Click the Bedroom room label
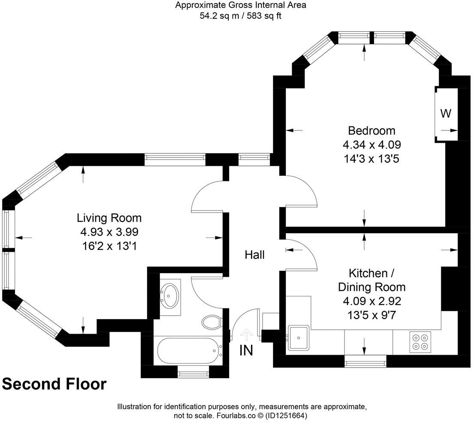(371, 130)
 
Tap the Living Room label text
(109, 218)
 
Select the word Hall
(254, 255)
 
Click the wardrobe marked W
(446, 114)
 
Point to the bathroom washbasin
(170, 295)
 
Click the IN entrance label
(246, 350)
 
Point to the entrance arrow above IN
(246, 333)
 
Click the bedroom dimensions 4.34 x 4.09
(371, 145)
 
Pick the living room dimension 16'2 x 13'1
(109, 247)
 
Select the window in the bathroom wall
(193, 374)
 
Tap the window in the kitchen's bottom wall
(365, 364)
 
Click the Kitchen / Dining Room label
(371, 280)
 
